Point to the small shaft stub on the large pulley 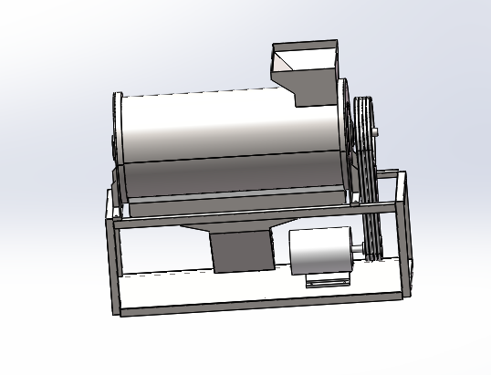click(x=377, y=133)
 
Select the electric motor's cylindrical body click(x=319, y=251)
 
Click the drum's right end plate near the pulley click(x=346, y=137)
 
